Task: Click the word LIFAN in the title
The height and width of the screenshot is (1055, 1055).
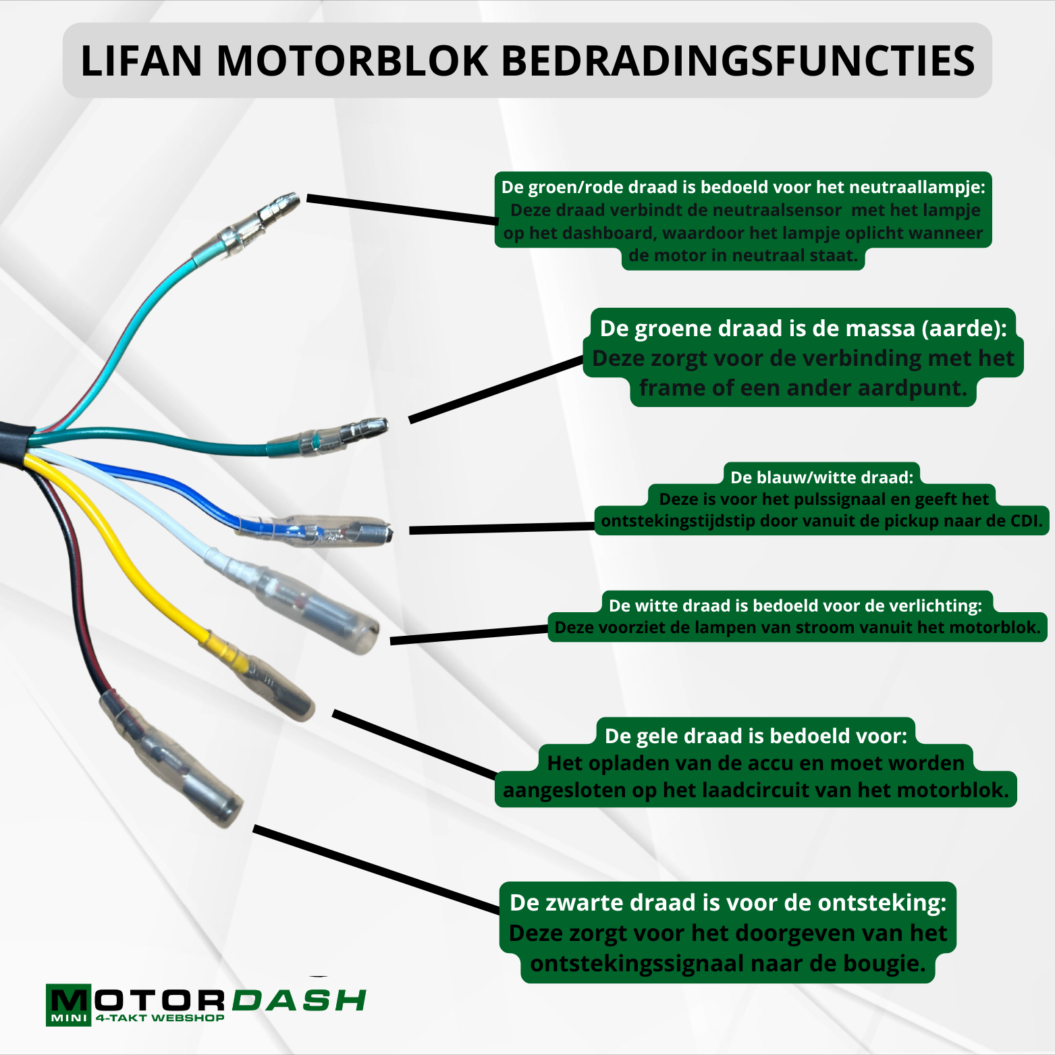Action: (x=141, y=61)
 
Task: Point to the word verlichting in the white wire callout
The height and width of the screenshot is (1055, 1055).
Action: (x=935, y=605)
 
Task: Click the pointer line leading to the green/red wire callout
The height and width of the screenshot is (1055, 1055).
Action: (x=402, y=209)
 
